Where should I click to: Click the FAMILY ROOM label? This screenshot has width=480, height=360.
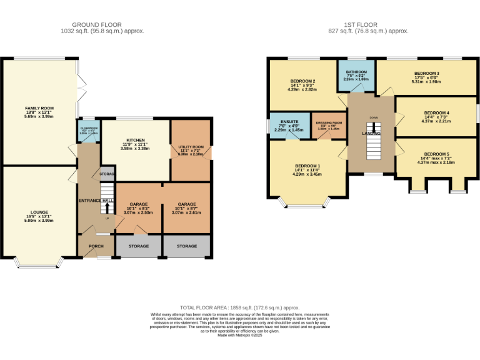(x=37, y=109)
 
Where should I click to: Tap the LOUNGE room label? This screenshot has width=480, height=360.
(x=37, y=212)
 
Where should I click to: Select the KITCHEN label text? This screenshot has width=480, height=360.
(x=136, y=140)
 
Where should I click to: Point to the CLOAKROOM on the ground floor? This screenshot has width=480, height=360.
(x=88, y=129)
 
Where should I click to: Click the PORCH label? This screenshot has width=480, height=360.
(x=96, y=246)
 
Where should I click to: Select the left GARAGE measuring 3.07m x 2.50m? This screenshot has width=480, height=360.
(x=138, y=204)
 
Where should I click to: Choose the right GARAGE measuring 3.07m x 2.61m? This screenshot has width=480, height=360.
(x=186, y=204)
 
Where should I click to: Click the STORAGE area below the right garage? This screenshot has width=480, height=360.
(x=186, y=246)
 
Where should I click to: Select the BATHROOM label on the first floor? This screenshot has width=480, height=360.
(x=357, y=72)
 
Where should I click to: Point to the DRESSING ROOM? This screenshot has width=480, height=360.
(x=329, y=123)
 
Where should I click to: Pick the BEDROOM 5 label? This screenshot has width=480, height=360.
(x=436, y=154)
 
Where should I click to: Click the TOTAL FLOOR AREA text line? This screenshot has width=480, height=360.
(x=240, y=308)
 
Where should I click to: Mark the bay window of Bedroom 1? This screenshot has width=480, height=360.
(x=304, y=203)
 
